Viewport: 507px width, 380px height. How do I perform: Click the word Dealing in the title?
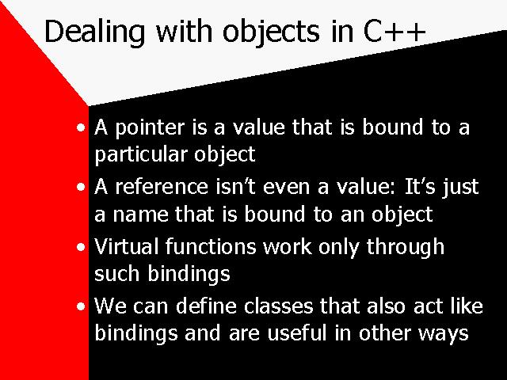coord(94,32)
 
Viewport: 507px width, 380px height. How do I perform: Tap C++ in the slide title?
coord(395,32)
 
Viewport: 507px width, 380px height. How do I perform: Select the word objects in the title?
coord(271,32)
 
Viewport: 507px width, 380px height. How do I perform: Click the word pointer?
coord(150,128)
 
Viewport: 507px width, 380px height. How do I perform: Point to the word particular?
coord(141,155)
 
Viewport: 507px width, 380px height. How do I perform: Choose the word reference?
coord(162,187)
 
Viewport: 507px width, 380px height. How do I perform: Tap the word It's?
coord(420,187)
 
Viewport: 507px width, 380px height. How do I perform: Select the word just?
coord(460,188)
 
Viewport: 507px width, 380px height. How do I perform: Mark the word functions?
coord(211,246)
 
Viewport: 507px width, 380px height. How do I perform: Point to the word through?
coord(405,248)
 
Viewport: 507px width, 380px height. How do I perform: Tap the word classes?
coord(278,306)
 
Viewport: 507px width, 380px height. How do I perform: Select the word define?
coord(206,306)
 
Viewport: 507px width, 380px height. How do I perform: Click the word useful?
coord(297,334)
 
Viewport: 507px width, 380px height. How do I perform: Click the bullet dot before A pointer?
coord(81,127)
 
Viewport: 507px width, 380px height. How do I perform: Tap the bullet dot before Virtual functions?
coord(81,247)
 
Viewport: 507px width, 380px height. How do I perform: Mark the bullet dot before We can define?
coord(81,306)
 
